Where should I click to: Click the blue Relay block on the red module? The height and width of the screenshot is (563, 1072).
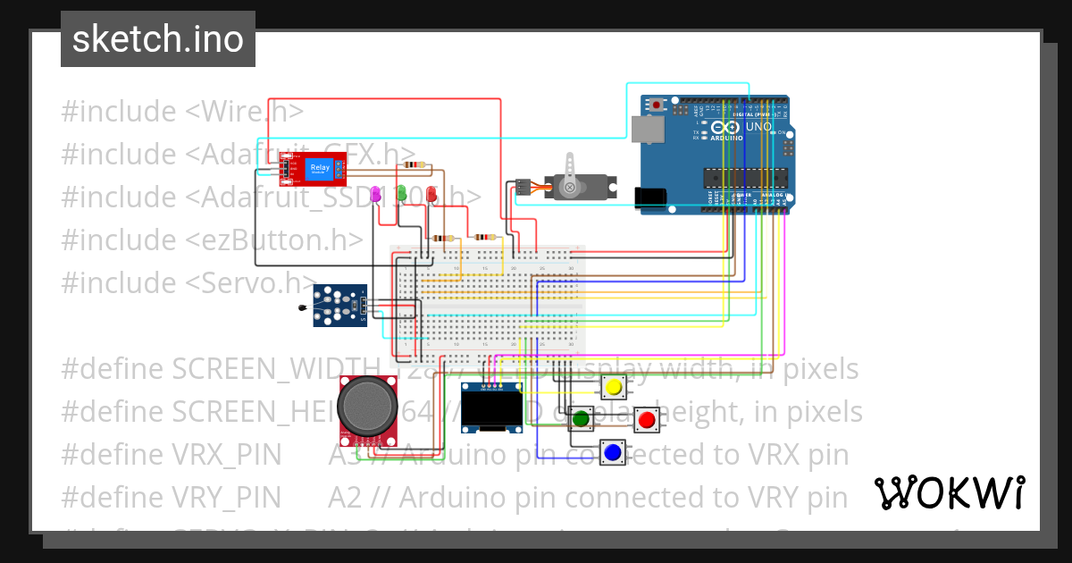tap(319, 169)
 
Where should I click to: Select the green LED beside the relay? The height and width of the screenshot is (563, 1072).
tap(402, 192)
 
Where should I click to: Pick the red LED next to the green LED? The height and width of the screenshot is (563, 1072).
tap(431, 193)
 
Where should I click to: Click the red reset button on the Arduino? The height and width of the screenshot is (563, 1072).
tap(657, 105)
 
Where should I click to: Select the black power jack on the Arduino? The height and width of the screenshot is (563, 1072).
tap(649, 197)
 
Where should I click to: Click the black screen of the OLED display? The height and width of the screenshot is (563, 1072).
tap(491, 412)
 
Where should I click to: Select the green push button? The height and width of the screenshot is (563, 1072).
tap(582, 417)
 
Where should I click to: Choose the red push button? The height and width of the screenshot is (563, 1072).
tap(647, 418)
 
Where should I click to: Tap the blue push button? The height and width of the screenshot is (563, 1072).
tap(613, 453)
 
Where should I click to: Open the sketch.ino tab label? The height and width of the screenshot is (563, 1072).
tap(158, 39)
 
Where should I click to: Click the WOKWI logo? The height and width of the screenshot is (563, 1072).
tap(950, 492)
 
